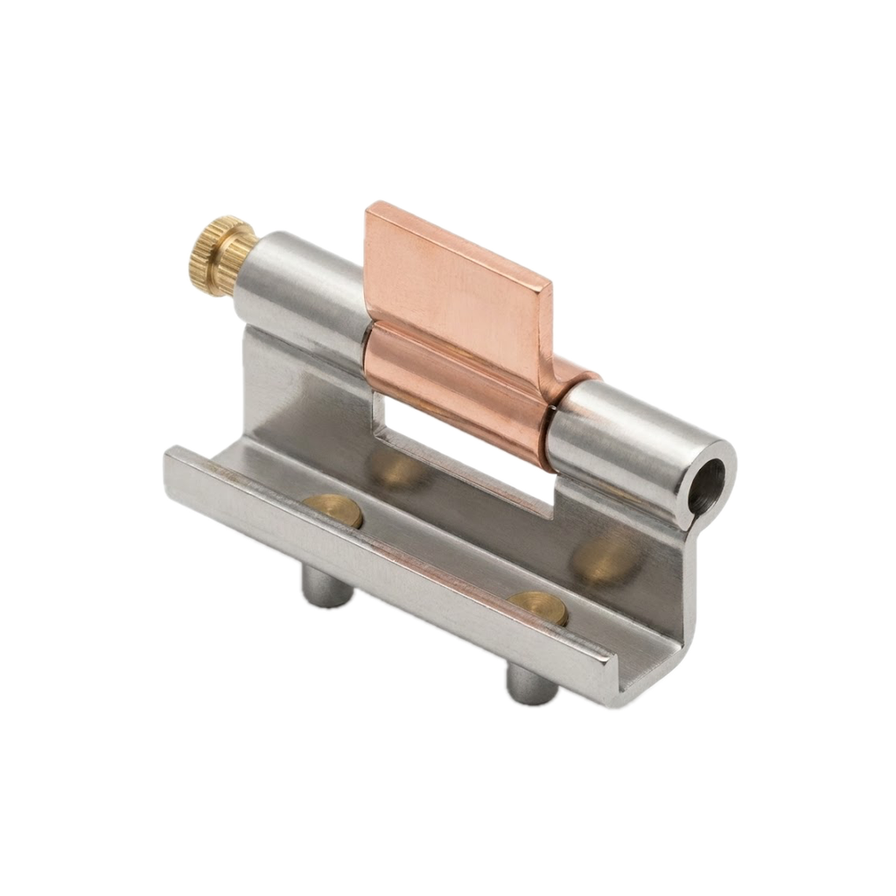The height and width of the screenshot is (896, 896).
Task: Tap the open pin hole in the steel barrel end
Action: point(706,486)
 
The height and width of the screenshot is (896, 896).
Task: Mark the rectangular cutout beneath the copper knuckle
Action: point(464,446)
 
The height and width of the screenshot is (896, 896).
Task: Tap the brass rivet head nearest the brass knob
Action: point(332,510)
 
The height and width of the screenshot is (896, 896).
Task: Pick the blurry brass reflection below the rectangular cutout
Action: point(398,470)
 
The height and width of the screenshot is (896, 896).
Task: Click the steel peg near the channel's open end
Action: point(532,683)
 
